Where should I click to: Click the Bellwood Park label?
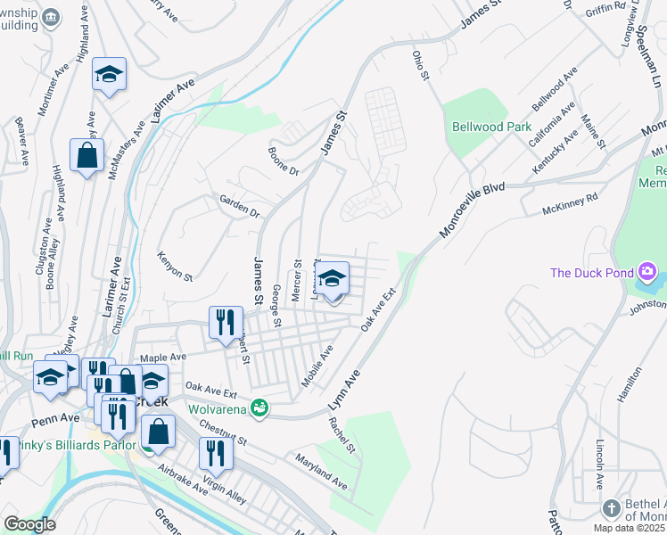492,128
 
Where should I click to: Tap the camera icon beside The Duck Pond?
647,272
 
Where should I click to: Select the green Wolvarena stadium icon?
259,409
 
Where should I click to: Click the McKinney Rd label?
571,210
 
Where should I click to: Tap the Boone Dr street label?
284,160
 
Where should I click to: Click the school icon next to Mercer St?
333,279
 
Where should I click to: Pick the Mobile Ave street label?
317,366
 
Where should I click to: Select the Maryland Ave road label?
322,471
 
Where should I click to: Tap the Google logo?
29,524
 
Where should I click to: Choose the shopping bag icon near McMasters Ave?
86,155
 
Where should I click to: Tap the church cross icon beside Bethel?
611,508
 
